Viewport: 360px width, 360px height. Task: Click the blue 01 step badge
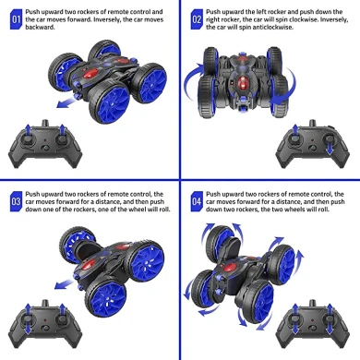click(x=16, y=19)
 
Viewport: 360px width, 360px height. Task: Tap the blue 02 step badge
click(x=197, y=19)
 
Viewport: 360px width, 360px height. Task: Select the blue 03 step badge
click(x=16, y=201)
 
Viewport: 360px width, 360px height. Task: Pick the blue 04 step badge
click(x=197, y=201)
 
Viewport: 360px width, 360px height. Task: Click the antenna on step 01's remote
click(x=45, y=123)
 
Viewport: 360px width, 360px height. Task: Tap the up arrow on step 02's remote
click(x=295, y=130)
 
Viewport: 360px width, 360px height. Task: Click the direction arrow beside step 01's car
click(x=66, y=102)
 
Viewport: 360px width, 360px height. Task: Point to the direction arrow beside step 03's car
click(x=64, y=284)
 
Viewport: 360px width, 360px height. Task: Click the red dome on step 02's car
click(x=242, y=82)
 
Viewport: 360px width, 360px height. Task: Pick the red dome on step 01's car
click(x=90, y=73)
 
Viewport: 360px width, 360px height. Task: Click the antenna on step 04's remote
click(x=313, y=303)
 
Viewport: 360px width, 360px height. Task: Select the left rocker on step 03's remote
click(x=28, y=319)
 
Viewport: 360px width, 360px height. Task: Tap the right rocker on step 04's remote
click(x=330, y=319)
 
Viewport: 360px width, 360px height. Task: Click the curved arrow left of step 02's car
click(x=192, y=81)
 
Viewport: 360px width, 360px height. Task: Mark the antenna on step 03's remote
click(x=45, y=303)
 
